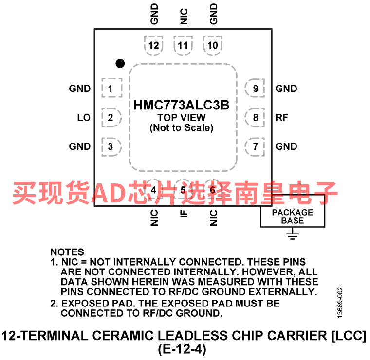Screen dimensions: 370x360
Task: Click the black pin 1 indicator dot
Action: click(x=120, y=63)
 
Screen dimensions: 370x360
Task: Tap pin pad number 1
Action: click(x=112, y=88)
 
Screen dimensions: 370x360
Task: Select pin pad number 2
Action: click(x=111, y=117)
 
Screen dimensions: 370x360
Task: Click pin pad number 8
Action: click(x=255, y=117)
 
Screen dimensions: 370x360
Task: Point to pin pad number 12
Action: click(x=154, y=46)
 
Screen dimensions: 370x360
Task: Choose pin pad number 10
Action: click(x=213, y=46)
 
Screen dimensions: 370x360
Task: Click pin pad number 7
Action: click(x=255, y=146)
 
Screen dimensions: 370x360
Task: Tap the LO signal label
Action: click(x=84, y=117)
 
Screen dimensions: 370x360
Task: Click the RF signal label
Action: click(x=282, y=117)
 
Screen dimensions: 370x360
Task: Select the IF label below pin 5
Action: click(x=184, y=214)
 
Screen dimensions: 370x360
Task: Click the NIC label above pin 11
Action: click(x=184, y=17)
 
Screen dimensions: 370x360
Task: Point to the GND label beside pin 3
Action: click(x=80, y=146)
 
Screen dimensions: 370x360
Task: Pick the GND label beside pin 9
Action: click(x=286, y=89)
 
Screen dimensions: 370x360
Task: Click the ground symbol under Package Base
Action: click(x=293, y=236)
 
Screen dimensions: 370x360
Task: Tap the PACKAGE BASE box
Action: click(x=293, y=211)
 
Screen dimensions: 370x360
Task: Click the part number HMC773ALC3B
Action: click(x=182, y=105)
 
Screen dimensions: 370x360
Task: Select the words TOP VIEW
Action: click(x=182, y=117)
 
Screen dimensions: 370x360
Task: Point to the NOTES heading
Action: click(x=67, y=252)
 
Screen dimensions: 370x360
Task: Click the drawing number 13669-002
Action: click(x=340, y=303)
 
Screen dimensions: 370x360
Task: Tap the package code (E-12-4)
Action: click(x=182, y=349)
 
